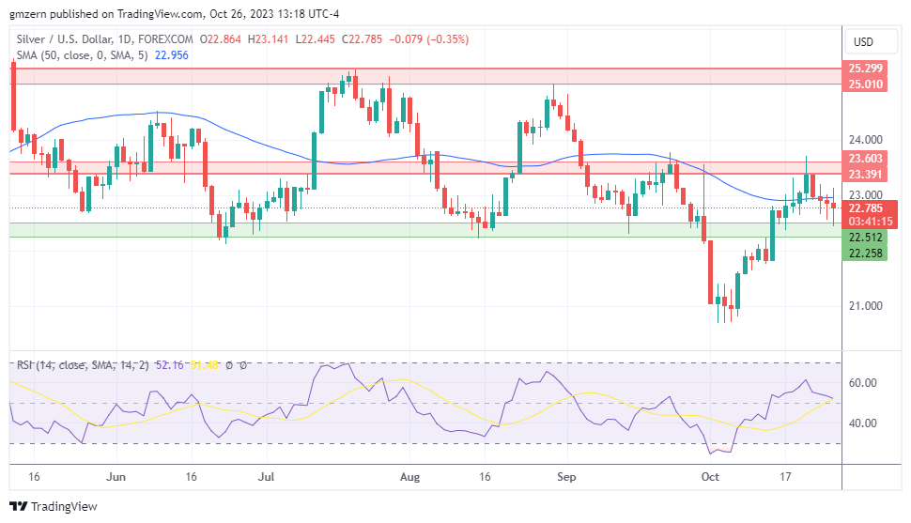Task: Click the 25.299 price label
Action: point(865,69)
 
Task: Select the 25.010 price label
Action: point(865,85)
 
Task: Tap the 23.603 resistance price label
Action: point(865,160)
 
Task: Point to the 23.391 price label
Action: point(865,175)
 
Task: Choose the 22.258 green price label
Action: point(865,253)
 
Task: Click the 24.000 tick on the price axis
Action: point(865,139)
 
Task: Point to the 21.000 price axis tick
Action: point(865,306)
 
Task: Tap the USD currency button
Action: point(862,41)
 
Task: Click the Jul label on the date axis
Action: point(267,477)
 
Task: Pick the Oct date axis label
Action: point(711,477)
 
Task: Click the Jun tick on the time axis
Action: point(116,477)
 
